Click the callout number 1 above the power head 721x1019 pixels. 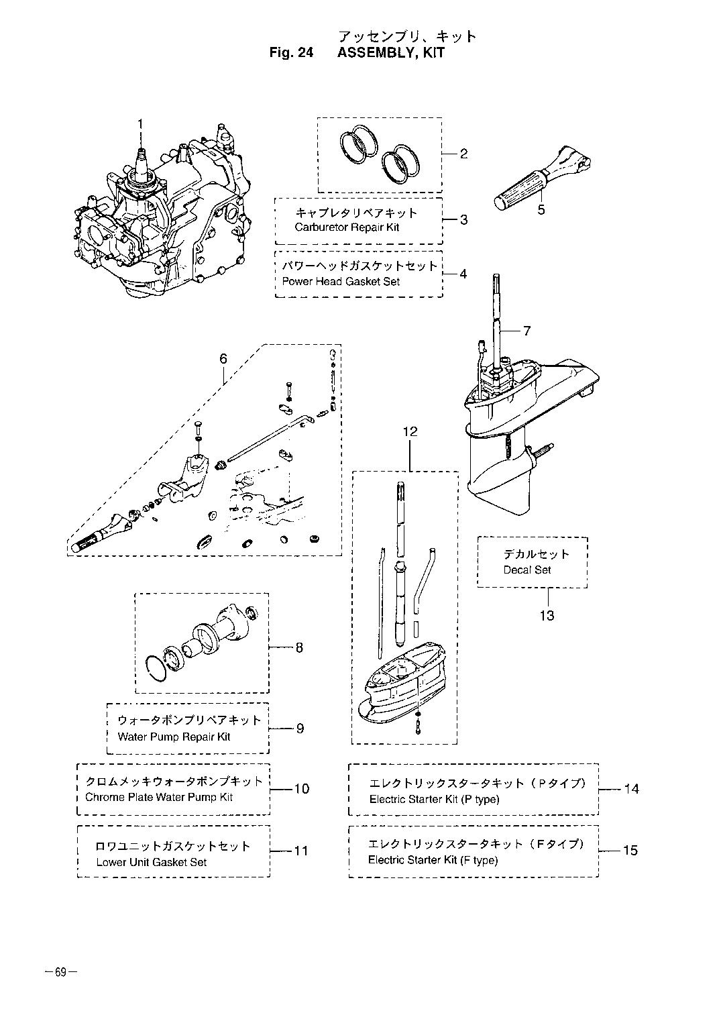click(141, 124)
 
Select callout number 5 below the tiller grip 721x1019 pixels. click(541, 210)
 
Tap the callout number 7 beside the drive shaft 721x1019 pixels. click(526, 331)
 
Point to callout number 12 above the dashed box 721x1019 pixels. click(410, 431)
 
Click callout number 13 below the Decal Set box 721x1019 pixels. click(547, 616)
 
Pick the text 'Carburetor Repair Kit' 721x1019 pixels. click(347, 227)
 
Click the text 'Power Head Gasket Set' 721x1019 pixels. click(341, 282)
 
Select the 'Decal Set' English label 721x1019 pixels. click(526, 570)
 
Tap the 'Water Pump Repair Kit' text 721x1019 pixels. click(174, 737)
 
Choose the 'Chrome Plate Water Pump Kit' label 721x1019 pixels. click(159, 798)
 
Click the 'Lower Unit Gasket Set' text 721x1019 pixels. click(152, 863)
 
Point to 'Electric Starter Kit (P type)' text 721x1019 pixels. click(434, 800)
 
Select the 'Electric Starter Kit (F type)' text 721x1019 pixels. click(433, 860)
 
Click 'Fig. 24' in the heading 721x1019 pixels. click(291, 53)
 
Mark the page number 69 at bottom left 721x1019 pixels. click(60, 971)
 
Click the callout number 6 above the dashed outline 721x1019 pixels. click(223, 359)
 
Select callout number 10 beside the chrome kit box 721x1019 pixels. click(302, 789)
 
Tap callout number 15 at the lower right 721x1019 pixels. click(630, 850)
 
